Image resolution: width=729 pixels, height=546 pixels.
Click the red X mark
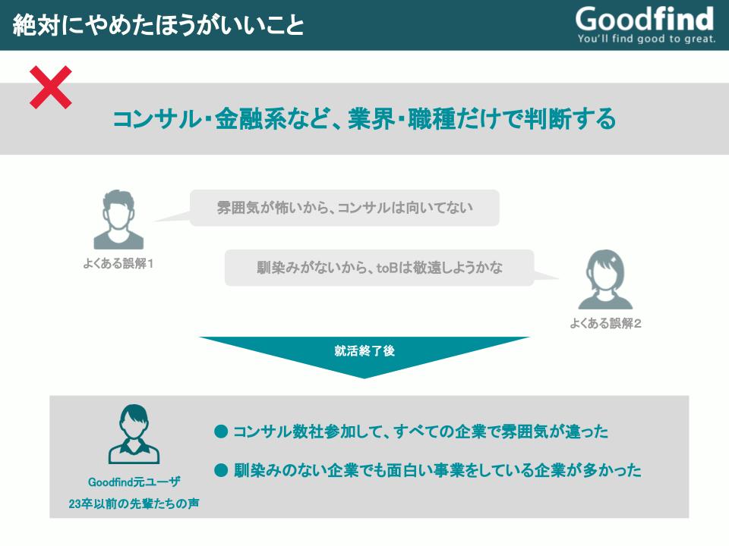click(51, 87)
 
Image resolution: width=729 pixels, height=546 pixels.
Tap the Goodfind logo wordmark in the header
click(645, 19)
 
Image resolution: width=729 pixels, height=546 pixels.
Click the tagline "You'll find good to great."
click(646, 39)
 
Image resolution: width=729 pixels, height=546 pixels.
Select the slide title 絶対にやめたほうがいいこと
click(159, 25)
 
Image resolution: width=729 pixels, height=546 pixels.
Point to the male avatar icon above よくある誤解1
click(118, 219)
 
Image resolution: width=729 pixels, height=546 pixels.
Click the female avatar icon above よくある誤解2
click(605, 280)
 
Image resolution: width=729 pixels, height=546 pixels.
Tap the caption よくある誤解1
click(118, 264)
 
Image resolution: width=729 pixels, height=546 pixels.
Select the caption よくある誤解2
click(605, 323)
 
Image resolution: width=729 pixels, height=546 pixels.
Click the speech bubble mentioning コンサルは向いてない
click(344, 208)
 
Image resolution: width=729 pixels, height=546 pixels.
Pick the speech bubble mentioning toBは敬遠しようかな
click(380, 268)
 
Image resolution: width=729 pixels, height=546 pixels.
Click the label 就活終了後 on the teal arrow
click(364, 351)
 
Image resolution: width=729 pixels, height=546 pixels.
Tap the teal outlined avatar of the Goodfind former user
click(134, 434)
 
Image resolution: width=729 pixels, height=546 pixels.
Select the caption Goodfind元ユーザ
click(134, 482)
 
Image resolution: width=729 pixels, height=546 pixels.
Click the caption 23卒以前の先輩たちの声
click(134, 504)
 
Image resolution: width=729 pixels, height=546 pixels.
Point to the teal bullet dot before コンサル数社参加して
click(221, 431)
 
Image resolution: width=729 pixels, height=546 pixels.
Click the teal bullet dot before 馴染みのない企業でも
click(221, 471)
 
